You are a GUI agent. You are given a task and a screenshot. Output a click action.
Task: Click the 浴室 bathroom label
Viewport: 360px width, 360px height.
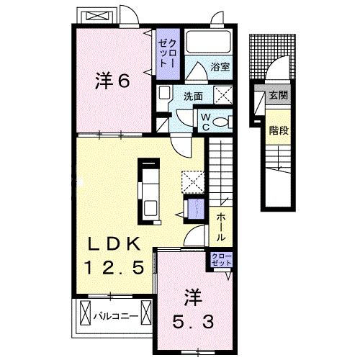(x=220, y=68)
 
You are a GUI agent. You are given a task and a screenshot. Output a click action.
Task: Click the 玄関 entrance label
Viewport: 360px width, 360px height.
(x=278, y=95)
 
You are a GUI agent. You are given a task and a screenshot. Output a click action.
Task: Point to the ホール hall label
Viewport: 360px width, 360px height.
(x=218, y=226)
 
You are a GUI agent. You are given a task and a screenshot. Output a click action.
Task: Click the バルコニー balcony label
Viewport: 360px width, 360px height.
(x=116, y=315)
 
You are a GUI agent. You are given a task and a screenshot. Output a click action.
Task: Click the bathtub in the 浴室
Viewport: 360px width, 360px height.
(x=208, y=42)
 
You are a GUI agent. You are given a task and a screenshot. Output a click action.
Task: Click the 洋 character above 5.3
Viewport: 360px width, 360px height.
(x=191, y=295)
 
